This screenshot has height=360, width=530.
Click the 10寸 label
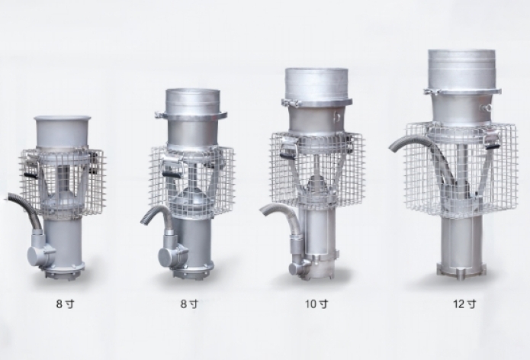pyautogui.click(x=316, y=304)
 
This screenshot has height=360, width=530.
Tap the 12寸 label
pyautogui.click(x=464, y=304)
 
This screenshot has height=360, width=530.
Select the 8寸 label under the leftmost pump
pyautogui.click(x=65, y=304)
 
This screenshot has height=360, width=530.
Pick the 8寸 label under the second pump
pyautogui.click(x=189, y=304)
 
